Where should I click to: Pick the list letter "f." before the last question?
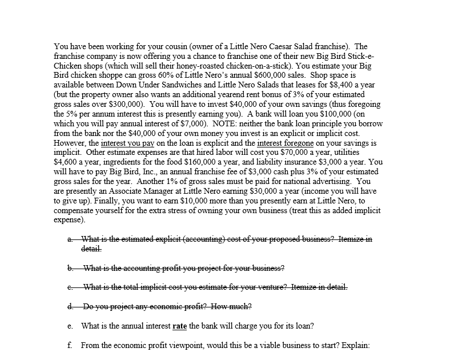pos(70,346)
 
